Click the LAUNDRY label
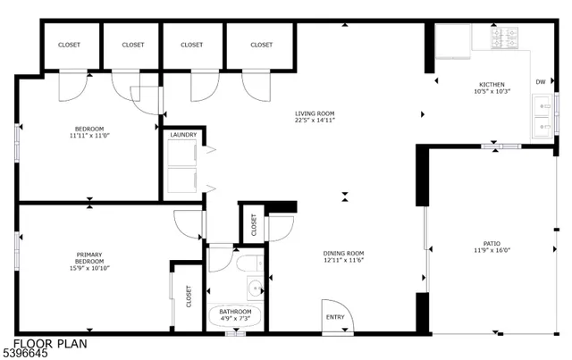(184, 135)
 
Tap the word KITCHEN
(492, 85)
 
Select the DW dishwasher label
(540, 82)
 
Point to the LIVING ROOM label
(315, 113)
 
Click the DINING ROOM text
(343, 253)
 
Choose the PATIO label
(492, 243)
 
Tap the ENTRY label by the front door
(335, 316)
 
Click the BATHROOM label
(236, 311)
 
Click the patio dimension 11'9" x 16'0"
(492, 251)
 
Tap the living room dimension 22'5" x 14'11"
(315, 121)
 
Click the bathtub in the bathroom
(236, 314)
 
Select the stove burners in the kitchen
(503, 37)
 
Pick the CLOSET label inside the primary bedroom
(189, 296)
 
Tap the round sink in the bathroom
(256, 288)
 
